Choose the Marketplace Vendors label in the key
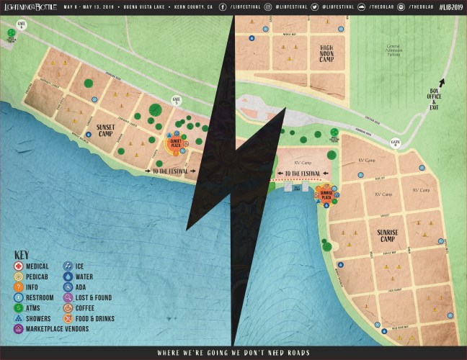tap(56, 329)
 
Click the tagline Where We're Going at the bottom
tap(233, 353)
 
